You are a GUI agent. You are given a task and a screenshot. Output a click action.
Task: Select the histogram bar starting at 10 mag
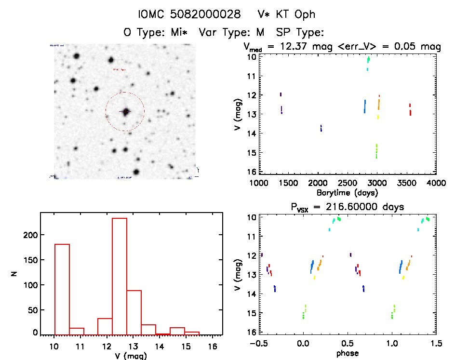[x=62, y=289]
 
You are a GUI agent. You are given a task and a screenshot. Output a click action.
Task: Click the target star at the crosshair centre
[x=126, y=112]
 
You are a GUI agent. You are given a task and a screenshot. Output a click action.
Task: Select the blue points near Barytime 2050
[x=321, y=128]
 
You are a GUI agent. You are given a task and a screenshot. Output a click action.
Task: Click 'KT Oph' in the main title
[x=294, y=14]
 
